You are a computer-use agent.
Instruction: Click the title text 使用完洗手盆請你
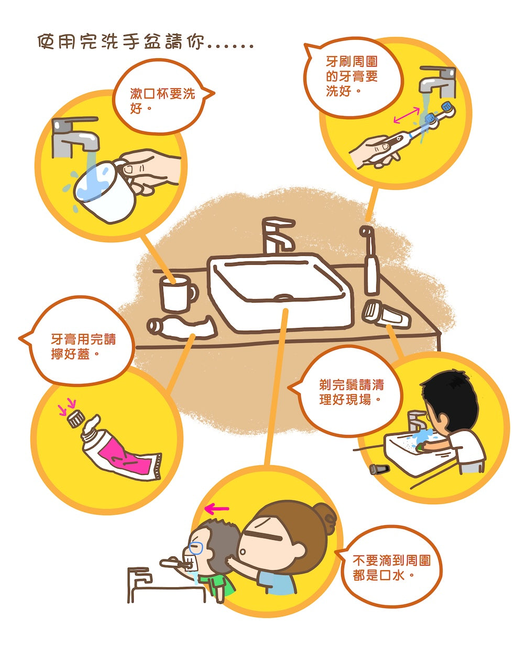(x=121, y=41)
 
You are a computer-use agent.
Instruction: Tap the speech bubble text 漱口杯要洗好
(x=162, y=101)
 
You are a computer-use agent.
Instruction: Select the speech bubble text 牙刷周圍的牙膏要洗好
(x=352, y=76)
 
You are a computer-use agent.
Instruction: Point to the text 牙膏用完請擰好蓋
(x=83, y=346)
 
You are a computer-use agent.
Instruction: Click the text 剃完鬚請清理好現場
(x=352, y=392)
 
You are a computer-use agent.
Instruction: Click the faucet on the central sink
(x=278, y=235)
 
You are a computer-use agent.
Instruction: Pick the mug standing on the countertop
(x=178, y=293)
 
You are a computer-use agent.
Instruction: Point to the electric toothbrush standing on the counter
(x=370, y=260)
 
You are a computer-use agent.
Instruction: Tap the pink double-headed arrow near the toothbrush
(x=407, y=115)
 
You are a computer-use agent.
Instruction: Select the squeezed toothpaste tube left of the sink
(x=182, y=327)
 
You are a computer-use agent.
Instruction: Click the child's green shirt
(x=218, y=584)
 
